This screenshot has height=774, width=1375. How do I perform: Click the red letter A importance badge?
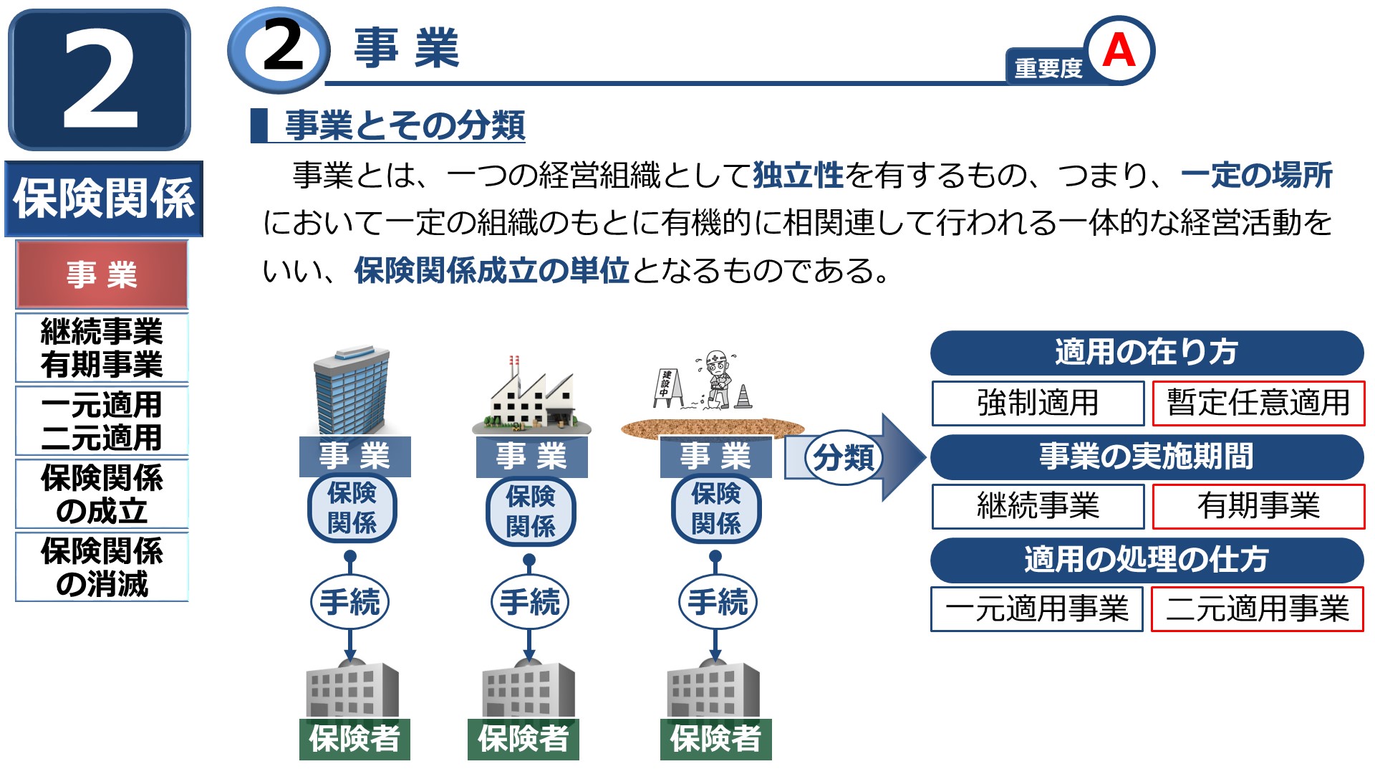1119,50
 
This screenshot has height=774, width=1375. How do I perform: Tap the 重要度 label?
1048,68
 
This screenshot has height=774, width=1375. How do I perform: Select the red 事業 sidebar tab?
102,274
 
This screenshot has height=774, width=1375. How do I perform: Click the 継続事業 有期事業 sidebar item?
102,348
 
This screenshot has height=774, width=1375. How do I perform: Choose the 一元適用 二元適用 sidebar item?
102,421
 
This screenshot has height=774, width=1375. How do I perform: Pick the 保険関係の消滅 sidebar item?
102,567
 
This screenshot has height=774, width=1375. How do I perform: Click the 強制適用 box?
1038,403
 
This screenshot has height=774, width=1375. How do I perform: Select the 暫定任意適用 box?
1258,403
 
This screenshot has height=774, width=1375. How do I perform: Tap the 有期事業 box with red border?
1258,506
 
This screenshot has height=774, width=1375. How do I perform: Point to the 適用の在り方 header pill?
1147,353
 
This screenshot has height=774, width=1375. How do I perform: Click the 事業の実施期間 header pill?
1147,457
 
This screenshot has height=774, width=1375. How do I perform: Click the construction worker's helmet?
715,358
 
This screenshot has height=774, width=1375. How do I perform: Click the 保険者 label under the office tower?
354,739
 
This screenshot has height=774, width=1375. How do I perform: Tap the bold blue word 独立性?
798,176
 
